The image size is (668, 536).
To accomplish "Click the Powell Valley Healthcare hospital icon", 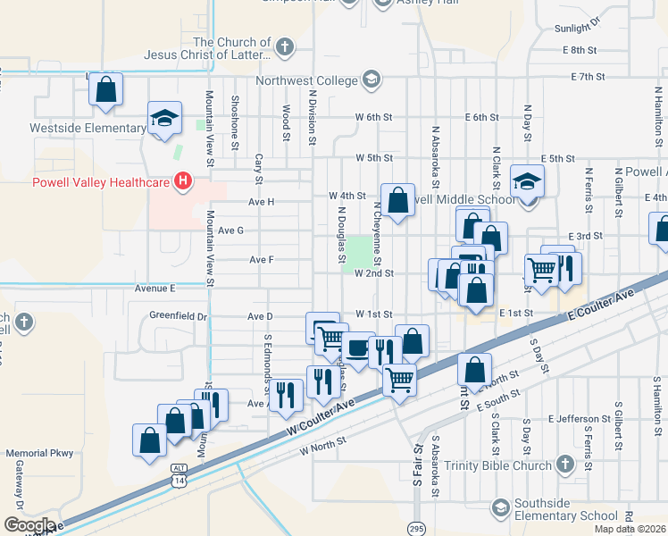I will (x=184, y=182).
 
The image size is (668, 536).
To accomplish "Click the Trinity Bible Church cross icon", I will (x=564, y=465).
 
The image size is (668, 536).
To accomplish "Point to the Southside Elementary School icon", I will (x=501, y=508).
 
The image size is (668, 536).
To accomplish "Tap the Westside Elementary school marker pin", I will (x=163, y=120).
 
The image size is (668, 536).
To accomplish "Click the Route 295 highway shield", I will (x=417, y=526).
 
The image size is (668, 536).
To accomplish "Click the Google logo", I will (x=29, y=525).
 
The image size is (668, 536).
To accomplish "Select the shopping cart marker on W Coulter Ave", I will (x=399, y=379).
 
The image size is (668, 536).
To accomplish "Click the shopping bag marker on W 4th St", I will (x=397, y=200).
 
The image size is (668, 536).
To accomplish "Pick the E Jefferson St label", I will (x=576, y=418).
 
